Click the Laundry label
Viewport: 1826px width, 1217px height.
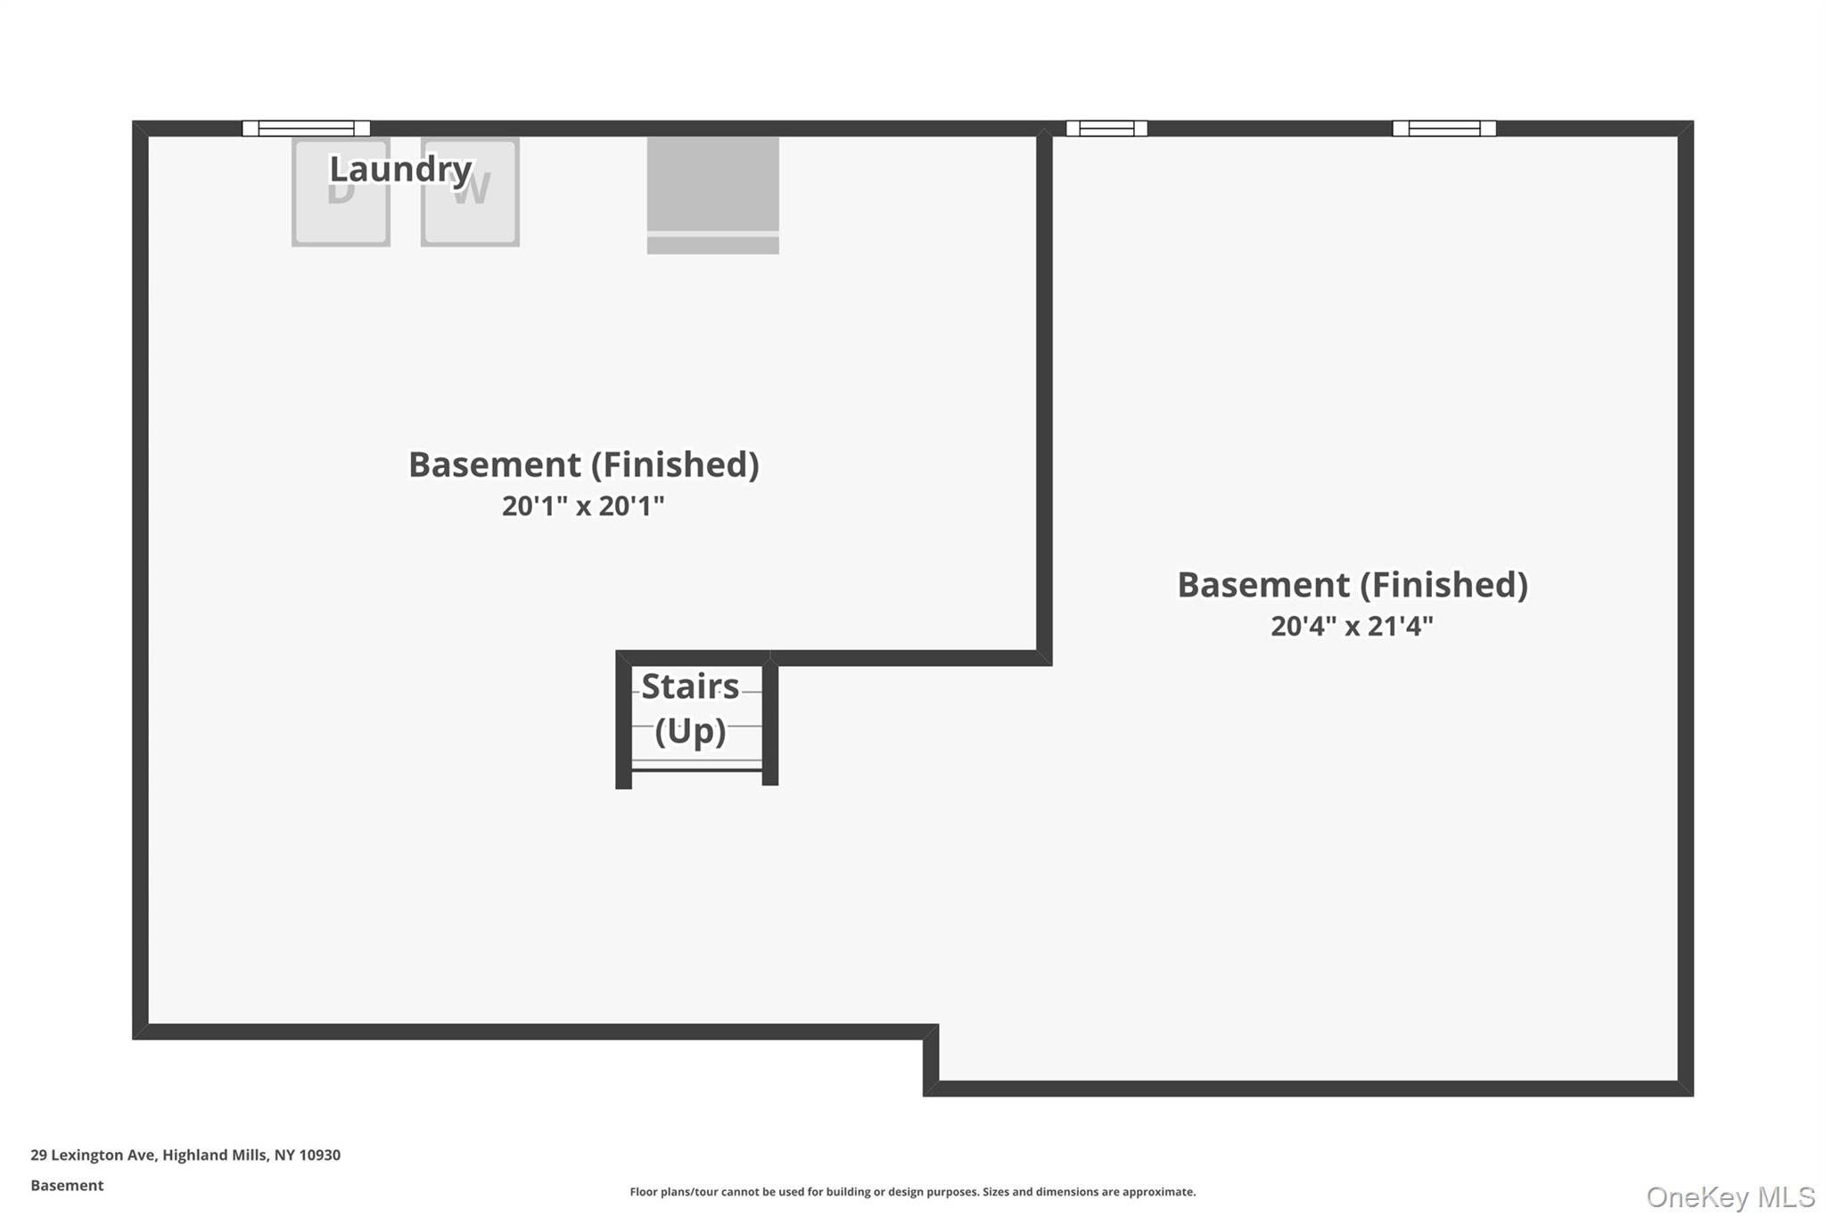point(400,169)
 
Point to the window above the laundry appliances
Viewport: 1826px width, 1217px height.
point(306,128)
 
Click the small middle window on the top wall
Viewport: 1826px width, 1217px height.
point(1106,128)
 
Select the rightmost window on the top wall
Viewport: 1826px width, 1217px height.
point(1444,128)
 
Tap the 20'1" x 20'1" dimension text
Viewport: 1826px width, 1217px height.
point(583,506)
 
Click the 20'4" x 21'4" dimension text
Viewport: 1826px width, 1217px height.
point(1352,627)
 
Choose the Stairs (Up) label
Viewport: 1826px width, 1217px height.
point(691,709)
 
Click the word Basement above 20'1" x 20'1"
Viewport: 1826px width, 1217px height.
point(495,465)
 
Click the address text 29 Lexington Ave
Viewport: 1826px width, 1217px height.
point(93,1155)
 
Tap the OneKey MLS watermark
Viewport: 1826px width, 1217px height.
point(1730,1196)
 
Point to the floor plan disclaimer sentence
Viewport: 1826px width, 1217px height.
point(912,1192)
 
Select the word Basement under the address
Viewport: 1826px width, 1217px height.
point(67,1185)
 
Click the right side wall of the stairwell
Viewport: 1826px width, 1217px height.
point(770,722)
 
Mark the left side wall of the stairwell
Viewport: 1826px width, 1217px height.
point(623,722)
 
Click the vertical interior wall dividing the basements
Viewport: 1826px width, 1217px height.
point(1044,392)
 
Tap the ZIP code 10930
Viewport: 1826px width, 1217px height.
point(319,1155)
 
